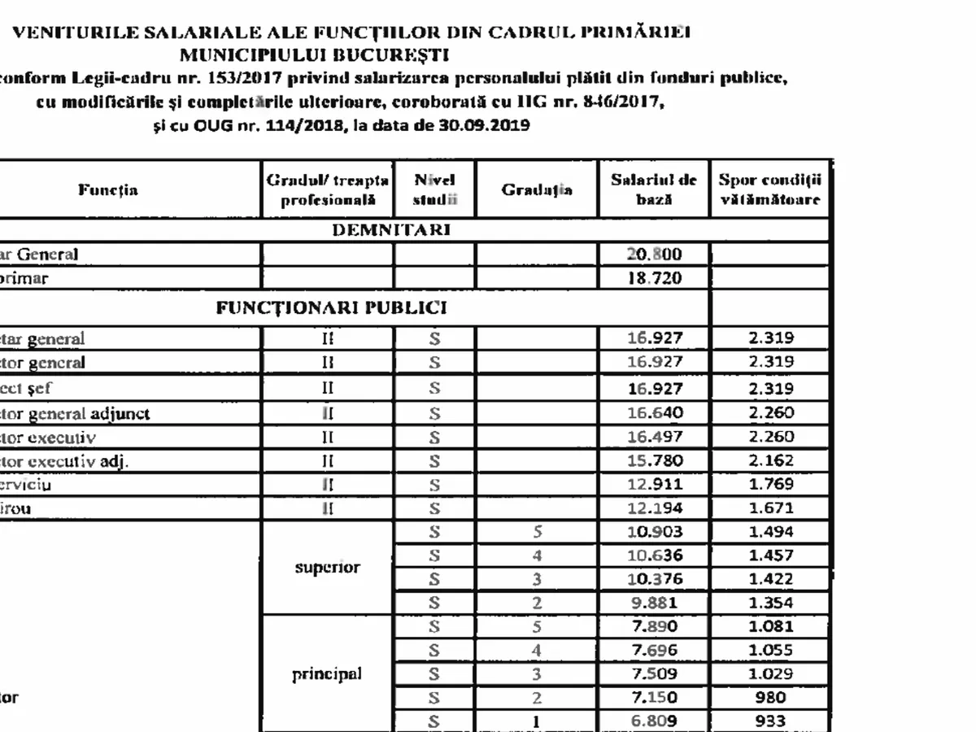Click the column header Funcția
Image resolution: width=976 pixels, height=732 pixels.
coord(108,190)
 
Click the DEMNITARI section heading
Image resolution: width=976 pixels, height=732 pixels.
coord(391,230)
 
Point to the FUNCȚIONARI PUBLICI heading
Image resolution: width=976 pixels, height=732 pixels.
coord(331,308)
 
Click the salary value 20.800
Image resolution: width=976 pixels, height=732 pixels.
coord(654,255)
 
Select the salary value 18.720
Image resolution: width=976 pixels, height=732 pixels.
coord(654,278)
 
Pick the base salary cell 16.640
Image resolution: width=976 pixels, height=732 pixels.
coord(655,413)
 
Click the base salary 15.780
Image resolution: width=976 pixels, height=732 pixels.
coord(655,461)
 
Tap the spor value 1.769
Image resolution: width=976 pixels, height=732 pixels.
coord(770,485)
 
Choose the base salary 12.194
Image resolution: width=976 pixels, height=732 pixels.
coord(655,509)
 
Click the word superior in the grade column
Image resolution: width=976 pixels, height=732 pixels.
coord(328,568)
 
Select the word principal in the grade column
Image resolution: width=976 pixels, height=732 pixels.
coord(327,674)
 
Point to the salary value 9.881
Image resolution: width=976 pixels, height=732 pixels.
coord(655,603)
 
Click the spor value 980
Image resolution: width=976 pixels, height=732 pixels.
coord(770,697)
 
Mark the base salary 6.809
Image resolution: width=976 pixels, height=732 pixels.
coord(655,721)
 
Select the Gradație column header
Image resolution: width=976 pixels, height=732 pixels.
coord(537,190)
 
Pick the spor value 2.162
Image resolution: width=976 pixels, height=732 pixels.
coord(770,461)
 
